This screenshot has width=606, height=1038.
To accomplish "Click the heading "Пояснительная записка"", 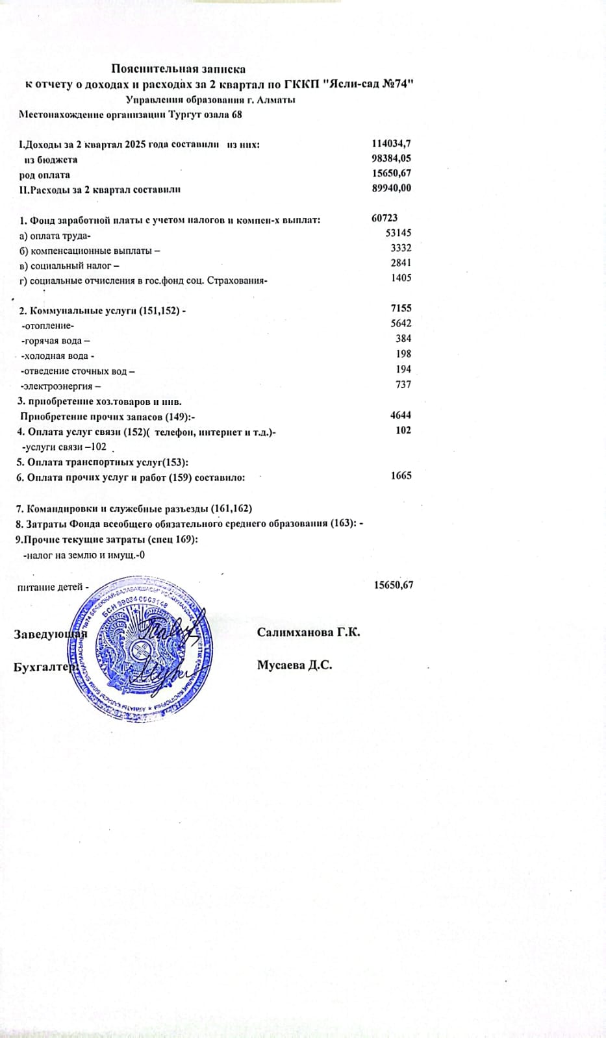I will (x=178, y=68).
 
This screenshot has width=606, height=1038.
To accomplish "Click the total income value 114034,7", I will (x=392, y=143).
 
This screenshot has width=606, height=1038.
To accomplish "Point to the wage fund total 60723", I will (x=385, y=218).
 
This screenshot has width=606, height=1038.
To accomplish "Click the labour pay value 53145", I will (x=398, y=233).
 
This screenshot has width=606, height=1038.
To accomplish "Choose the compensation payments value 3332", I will (x=401, y=248).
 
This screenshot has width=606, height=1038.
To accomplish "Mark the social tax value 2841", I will (x=401, y=263).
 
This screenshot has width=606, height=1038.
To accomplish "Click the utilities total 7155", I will (x=401, y=308).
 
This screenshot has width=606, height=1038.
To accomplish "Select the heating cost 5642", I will (x=401, y=323).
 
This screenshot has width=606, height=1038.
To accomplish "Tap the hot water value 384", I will (x=403, y=338).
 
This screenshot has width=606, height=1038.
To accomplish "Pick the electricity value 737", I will (x=403, y=384).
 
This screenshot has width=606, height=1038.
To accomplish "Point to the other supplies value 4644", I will (x=401, y=415).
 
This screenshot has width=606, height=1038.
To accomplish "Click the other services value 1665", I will (x=401, y=476).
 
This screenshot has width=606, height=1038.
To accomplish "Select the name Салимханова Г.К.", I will (x=309, y=632).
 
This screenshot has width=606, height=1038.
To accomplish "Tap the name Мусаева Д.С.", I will (x=294, y=665).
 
